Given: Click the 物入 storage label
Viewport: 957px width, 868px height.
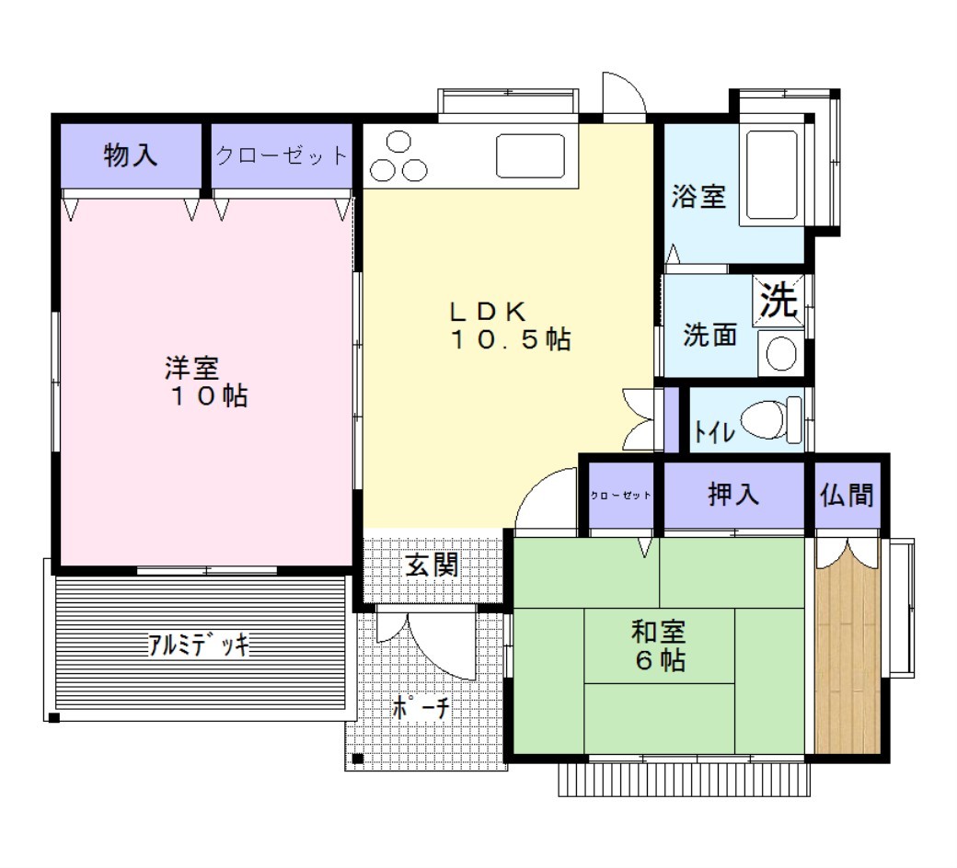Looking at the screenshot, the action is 131,155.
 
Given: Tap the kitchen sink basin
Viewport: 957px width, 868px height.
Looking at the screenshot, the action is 530,156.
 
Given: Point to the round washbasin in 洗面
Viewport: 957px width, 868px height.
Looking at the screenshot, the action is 780,353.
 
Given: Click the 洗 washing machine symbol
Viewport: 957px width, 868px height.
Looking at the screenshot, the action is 778,301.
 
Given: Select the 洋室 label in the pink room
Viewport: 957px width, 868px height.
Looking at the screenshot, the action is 191,368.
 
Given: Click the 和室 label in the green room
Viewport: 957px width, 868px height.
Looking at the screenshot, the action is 659,632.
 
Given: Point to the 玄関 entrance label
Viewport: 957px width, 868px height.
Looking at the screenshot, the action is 432,565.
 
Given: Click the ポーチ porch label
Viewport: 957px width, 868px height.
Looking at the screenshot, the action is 421,708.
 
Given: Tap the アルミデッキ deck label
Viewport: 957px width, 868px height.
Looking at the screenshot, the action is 199,645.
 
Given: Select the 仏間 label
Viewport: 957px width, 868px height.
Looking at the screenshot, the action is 847,495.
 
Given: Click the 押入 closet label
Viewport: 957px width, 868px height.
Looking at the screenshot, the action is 733,494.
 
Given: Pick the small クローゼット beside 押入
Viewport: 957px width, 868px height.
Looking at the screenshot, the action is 620,496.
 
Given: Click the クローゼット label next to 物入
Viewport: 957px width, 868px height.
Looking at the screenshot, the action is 282,155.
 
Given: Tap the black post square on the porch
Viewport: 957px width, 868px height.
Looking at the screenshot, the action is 358,759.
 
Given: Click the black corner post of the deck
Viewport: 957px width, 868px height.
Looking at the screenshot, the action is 53,718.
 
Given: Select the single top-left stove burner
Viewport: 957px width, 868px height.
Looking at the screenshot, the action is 398,143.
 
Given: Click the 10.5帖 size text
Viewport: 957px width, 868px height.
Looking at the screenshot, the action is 511,339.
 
